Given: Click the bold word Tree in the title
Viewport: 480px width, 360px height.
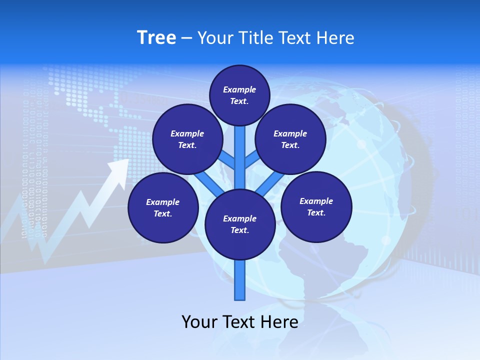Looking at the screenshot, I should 156,38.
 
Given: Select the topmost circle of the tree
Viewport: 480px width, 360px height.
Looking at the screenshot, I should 239,95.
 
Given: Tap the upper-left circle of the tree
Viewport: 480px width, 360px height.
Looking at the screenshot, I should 187,139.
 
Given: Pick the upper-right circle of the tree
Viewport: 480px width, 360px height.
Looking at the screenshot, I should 290,139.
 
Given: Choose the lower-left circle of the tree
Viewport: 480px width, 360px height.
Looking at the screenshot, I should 163,208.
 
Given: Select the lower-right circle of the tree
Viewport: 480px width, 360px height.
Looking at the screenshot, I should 316,207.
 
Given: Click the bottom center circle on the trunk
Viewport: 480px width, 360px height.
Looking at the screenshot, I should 240,224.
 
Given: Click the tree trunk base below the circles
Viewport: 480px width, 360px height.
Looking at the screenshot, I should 240,282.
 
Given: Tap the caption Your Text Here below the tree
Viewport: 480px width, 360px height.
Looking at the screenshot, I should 240,322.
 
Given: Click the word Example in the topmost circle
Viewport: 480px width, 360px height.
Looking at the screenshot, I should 239,89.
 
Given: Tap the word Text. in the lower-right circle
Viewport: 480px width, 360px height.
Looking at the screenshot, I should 316,212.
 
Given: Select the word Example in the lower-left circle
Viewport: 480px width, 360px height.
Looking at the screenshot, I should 162,202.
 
